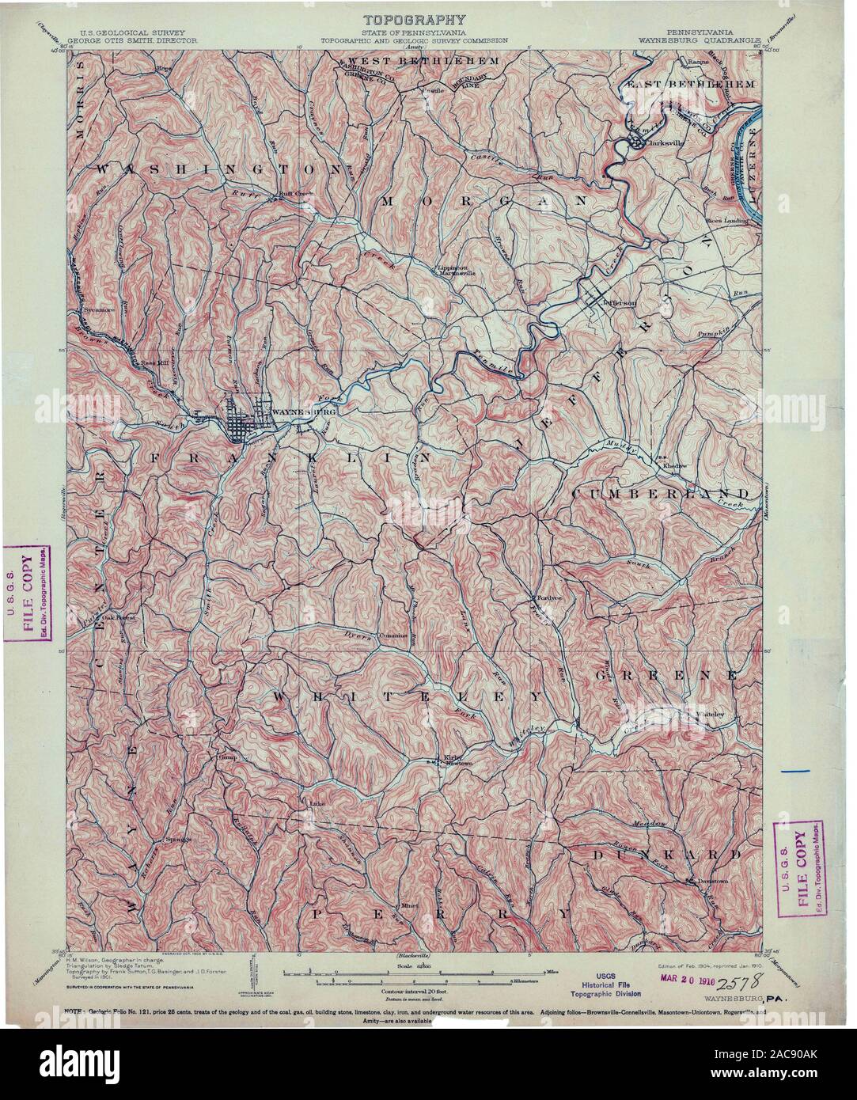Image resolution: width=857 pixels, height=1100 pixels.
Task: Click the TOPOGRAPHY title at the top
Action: [414, 19]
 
